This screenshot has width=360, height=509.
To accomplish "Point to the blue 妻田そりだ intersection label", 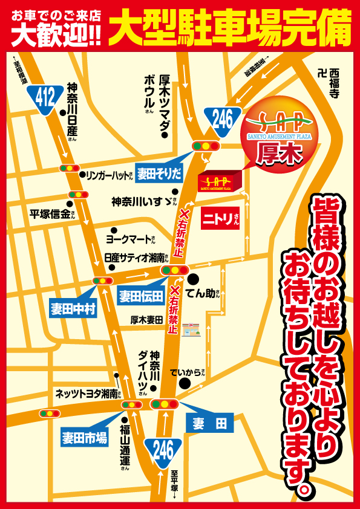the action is (159, 175).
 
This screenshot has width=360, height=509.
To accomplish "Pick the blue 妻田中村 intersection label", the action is (73, 309).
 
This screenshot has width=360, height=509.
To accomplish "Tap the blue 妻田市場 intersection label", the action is (84, 438).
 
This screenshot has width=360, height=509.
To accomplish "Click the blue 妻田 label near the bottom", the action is (209, 423).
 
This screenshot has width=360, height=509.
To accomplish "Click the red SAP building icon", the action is (220, 181).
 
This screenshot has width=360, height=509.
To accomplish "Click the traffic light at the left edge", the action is (49, 413).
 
